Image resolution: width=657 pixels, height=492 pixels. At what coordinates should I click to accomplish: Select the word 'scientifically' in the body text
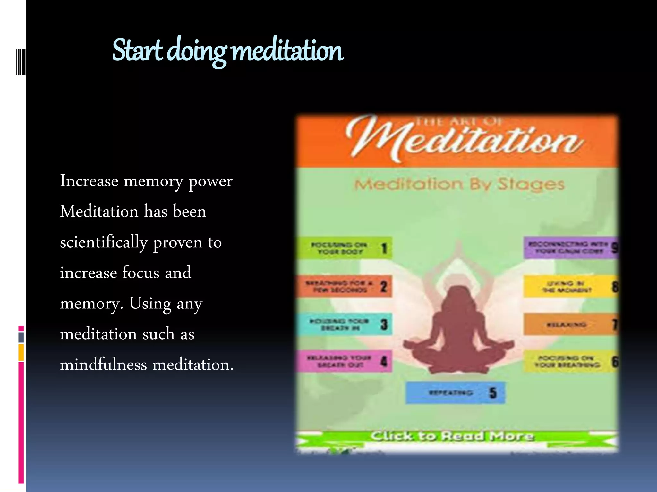(103, 242)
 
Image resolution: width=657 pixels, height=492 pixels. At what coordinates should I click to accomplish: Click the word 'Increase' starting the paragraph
(89, 181)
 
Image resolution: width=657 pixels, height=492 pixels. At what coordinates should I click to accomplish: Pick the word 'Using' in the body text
(150, 304)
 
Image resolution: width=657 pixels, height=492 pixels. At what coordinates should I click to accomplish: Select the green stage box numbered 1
(344, 248)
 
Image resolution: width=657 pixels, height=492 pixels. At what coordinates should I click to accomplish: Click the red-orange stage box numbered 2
(344, 286)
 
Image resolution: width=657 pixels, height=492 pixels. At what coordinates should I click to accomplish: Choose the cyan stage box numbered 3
(344, 324)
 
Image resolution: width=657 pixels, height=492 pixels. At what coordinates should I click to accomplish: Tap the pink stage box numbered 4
(344, 361)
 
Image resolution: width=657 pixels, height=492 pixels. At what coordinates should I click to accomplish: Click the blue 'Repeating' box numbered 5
(455, 392)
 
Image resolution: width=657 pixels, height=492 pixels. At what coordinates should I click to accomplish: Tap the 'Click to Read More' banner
(452, 436)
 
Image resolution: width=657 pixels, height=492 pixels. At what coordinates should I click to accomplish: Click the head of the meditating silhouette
(459, 296)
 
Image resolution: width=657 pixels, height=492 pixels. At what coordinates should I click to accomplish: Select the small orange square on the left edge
(21, 352)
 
